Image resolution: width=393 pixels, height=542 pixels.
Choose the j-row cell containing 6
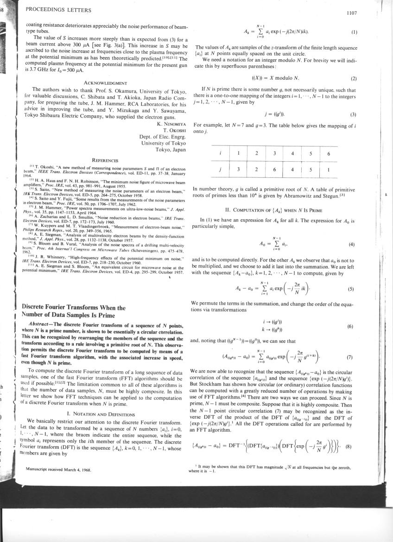coord(274,170)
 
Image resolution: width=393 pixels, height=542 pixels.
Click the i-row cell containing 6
coord(328,153)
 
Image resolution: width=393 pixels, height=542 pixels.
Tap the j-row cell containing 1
coord(328,170)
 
